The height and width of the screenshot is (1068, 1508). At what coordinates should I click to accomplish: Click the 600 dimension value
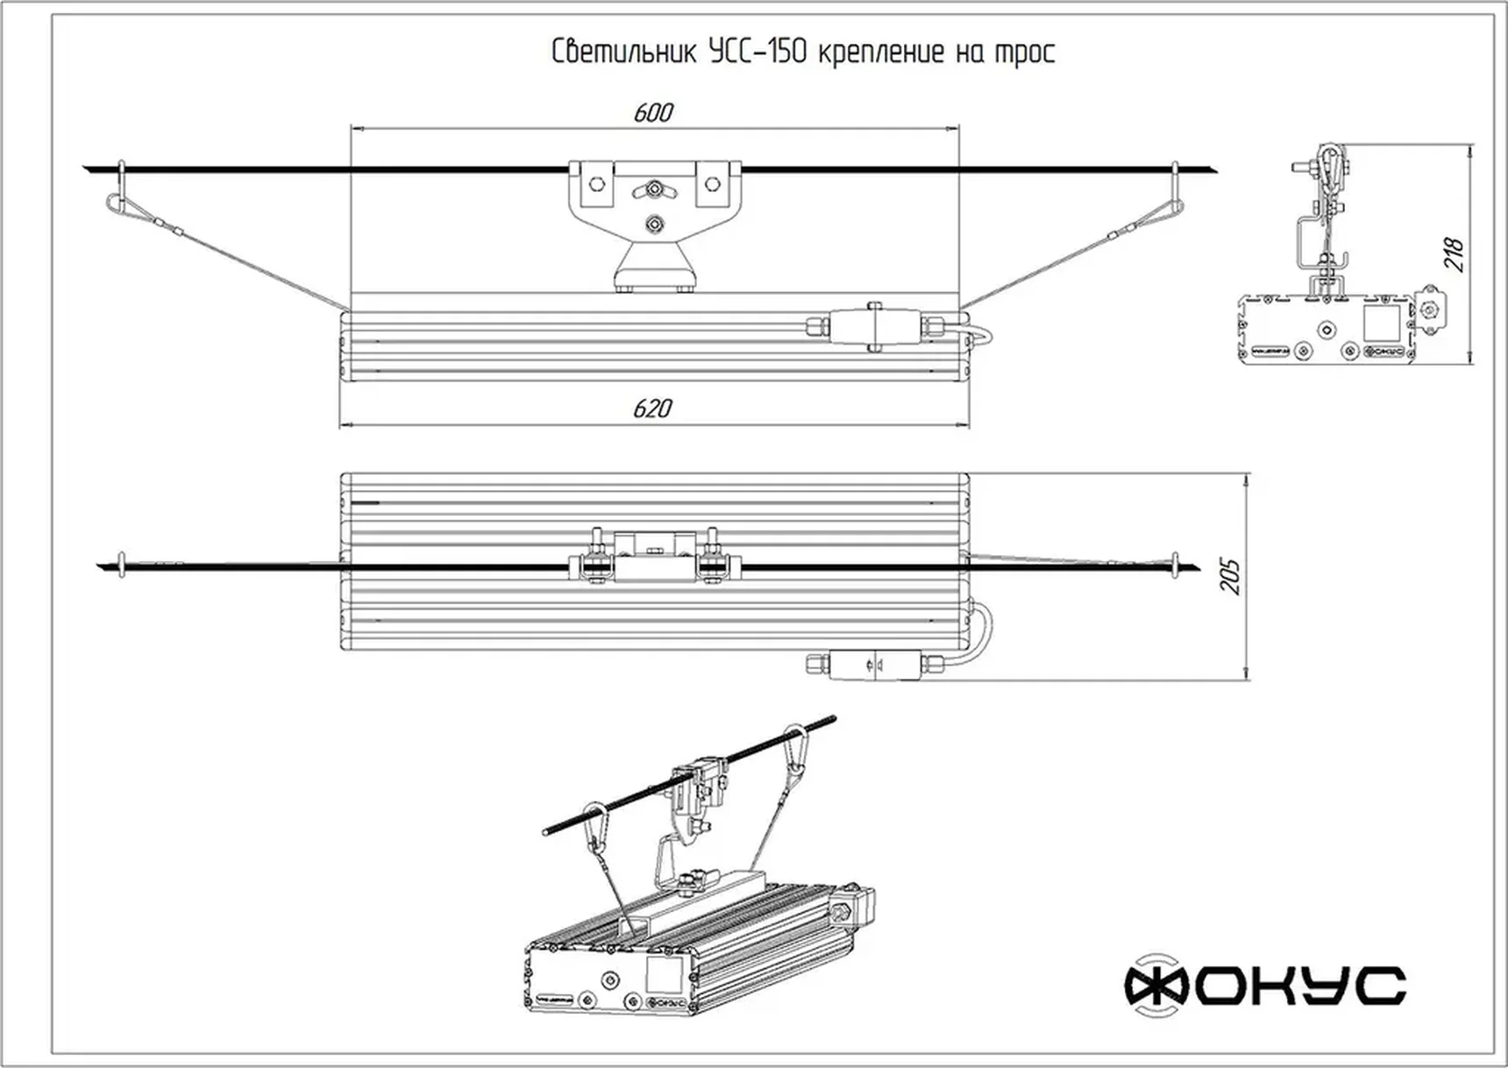point(653,113)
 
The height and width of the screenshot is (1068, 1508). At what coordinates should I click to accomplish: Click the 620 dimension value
point(652,409)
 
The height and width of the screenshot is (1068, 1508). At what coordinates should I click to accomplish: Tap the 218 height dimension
point(1454,254)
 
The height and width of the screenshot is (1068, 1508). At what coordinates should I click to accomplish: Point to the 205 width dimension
point(1232,576)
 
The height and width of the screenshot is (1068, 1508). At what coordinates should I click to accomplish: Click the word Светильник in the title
point(624,53)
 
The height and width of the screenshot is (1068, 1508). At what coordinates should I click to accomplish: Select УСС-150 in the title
point(758,53)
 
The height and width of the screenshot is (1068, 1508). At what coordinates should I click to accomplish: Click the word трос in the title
point(1024,53)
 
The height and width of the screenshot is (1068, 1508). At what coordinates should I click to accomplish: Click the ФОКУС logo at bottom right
point(1265,986)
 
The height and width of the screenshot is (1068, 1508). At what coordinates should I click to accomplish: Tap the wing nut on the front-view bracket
point(654,188)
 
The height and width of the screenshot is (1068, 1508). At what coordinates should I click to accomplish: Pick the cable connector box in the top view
point(875,664)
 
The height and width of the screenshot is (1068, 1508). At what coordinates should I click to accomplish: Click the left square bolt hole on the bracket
point(597,184)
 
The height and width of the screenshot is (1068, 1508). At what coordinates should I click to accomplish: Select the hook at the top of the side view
point(1331,167)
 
